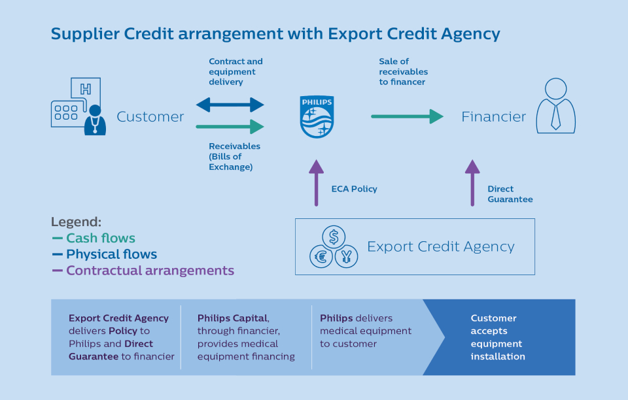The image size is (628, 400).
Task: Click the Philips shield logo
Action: (317, 117)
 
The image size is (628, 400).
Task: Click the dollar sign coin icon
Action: (334, 236)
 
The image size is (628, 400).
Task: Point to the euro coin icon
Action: (322, 256)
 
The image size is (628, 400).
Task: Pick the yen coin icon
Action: (346, 256)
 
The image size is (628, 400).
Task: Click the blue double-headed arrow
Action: (230, 105)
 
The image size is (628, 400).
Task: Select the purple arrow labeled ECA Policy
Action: (317, 183)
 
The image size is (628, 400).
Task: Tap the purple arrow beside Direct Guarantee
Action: (472, 183)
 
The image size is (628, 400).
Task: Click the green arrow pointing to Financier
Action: (408, 117)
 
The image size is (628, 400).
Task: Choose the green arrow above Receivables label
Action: (230, 126)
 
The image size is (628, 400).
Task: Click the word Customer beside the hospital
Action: (150, 117)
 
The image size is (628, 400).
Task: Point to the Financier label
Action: (493, 117)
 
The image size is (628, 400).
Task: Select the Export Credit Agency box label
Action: (441, 246)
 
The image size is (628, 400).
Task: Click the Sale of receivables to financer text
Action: (403, 72)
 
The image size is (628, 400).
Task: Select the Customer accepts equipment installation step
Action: (498, 337)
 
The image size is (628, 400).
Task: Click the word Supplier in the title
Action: (81, 34)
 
